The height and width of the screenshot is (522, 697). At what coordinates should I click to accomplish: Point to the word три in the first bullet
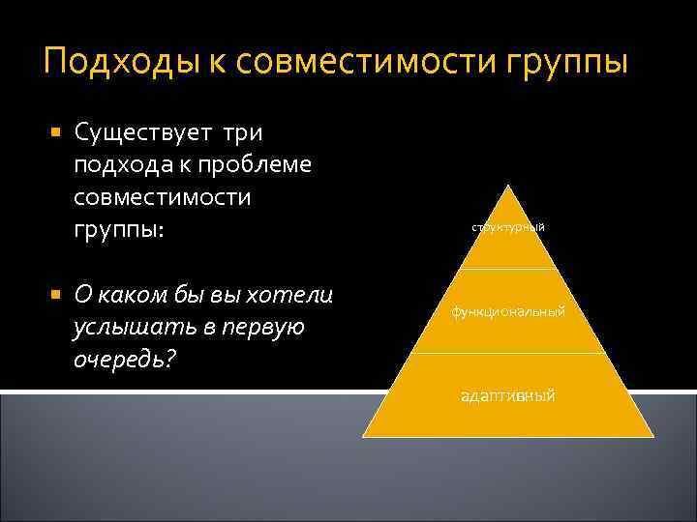[247, 131]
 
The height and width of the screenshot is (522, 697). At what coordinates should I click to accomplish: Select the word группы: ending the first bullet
[116, 231]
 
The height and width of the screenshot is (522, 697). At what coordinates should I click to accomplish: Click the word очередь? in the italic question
[120, 361]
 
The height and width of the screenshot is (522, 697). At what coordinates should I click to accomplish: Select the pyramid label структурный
[508, 227]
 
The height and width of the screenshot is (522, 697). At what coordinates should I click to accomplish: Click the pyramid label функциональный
[508, 311]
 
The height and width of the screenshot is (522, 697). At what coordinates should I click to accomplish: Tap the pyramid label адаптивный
[508, 396]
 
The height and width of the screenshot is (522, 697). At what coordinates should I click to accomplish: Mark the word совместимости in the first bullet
[162, 197]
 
